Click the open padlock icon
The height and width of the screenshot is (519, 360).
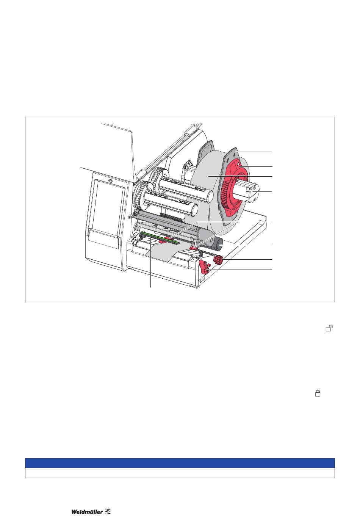click(329, 328)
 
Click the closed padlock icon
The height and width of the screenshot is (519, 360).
click(318, 393)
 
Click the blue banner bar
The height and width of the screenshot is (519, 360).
click(180, 463)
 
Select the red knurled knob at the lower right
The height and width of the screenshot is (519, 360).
click(218, 259)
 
